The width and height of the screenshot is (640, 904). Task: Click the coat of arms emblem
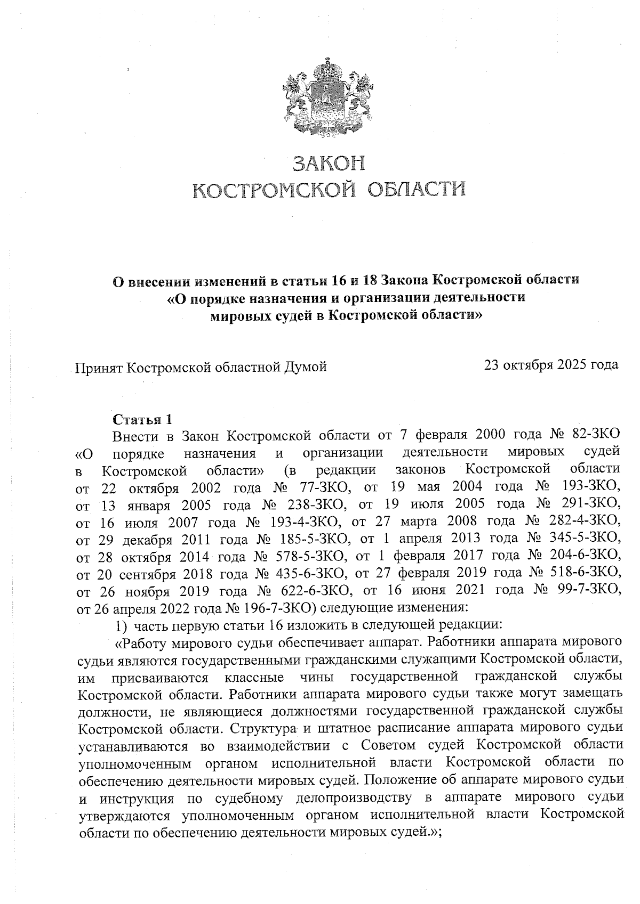pos(326,100)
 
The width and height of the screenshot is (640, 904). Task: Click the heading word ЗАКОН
pos(329,163)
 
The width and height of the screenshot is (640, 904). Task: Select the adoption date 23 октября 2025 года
pos(551,365)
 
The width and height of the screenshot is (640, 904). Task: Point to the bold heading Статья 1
pos(143,419)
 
